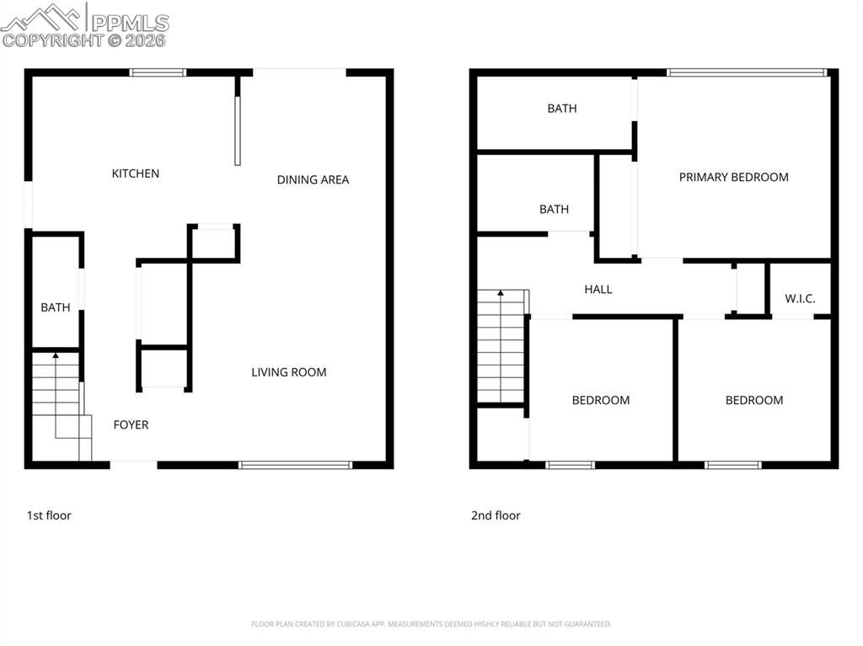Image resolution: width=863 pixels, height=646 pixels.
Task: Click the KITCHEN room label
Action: [136, 174]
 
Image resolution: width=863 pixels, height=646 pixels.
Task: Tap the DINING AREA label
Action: [313, 179]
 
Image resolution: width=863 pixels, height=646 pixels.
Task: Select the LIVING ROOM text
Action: [288, 372]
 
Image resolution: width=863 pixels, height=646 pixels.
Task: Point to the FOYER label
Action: [131, 424]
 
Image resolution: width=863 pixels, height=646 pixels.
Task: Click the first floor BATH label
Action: [56, 307]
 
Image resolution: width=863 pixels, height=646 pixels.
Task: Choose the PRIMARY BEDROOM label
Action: [733, 177]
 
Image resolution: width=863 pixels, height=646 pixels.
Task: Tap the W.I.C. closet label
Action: [800, 299]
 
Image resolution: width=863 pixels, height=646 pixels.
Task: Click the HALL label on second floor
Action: [598, 289]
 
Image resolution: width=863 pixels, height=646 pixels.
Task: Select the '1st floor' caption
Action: [49, 515]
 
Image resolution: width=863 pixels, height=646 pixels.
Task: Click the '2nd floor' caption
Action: [496, 515]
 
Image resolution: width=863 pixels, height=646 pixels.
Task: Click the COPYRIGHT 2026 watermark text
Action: [84, 40]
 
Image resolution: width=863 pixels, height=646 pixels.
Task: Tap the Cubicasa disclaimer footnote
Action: [431, 624]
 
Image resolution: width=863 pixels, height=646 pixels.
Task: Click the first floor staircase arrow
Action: [56, 357]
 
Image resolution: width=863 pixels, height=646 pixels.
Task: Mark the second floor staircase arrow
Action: [501, 294]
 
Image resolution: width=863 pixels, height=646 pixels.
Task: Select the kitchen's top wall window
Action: [158, 72]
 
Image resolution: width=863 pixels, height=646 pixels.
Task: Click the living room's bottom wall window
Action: [296, 464]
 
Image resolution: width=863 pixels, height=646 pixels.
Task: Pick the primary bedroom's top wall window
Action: [747, 72]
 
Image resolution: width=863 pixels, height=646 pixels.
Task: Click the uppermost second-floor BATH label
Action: [562, 109]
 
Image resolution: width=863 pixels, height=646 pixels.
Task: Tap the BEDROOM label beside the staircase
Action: [601, 400]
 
